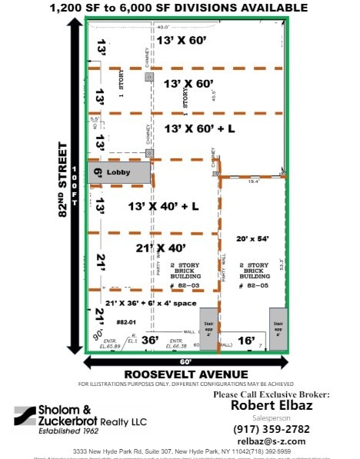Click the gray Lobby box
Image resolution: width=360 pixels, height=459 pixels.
pyautogui.click(x=118, y=173)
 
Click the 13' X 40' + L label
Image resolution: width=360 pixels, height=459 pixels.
pyautogui.click(x=162, y=206)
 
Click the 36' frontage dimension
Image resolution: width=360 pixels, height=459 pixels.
pyautogui.click(x=150, y=340)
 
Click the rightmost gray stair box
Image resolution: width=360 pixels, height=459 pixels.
pyautogui.click(x=278, y=329)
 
